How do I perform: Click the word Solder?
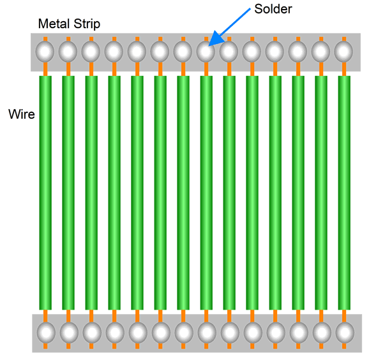[273, 9]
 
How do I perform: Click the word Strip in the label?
[87, 24]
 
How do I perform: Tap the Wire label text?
[22, 114]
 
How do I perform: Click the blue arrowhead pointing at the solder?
[216, 38]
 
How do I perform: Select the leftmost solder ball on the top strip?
[45, 52]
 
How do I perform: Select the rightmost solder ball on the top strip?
[343, 52]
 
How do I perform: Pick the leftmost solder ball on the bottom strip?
[46, 333]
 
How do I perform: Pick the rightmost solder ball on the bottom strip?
[345, 333]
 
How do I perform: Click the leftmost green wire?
[45, 193]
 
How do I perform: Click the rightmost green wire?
[344, 193]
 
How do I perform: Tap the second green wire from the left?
[68, 193]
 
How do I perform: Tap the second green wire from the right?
[321, 193]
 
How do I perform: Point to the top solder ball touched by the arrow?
[206, 52]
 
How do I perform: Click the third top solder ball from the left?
[91, 52]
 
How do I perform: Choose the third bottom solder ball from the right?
[299, 333]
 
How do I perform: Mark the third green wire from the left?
[91, 193]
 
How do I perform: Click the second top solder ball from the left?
[68, 52]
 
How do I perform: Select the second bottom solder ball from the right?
[322, 333]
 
